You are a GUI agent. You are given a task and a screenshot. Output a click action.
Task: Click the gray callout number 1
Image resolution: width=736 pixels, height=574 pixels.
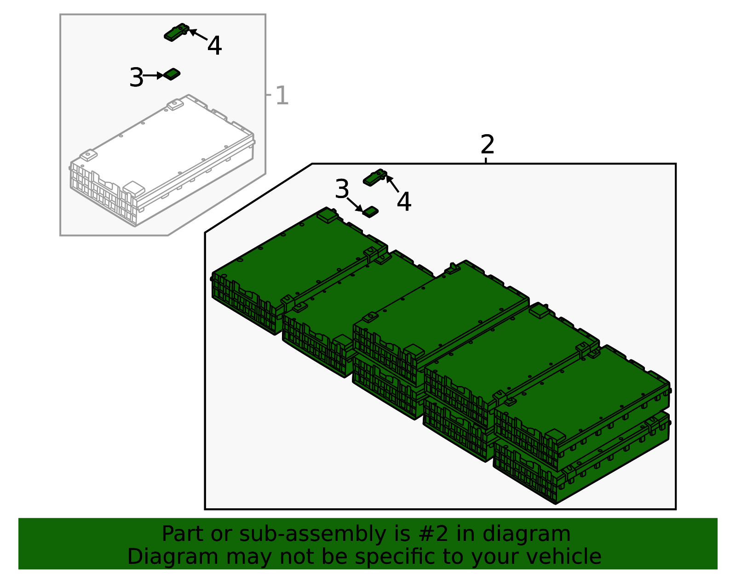[282, 95]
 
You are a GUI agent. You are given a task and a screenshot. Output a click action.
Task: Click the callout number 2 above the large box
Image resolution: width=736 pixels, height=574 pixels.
[488, 144]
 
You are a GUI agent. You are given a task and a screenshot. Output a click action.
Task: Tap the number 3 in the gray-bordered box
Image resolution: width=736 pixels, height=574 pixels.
[136, 77]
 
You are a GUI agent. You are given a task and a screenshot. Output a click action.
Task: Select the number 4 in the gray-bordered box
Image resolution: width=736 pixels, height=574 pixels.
[214, 45]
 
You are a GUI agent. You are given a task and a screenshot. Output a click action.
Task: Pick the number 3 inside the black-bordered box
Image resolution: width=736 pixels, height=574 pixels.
[342, 189]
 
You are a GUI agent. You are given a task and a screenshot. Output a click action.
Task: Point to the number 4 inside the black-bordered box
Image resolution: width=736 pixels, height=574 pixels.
[404, 201]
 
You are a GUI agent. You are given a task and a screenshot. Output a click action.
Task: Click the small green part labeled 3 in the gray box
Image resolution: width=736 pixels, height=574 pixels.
[172, 74]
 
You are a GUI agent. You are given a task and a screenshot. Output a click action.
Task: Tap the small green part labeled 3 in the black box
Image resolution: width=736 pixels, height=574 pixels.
[370, 212]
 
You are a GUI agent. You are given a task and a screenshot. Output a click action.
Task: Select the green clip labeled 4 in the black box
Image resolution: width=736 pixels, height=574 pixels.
[375, 177]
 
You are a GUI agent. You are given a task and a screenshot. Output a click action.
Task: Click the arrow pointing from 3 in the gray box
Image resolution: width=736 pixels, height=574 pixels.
[154, 75]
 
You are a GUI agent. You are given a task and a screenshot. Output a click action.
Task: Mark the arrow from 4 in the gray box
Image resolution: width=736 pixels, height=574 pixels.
[198, 35]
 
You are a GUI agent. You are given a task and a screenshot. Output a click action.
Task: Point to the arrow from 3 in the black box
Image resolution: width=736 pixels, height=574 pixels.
[355, 205]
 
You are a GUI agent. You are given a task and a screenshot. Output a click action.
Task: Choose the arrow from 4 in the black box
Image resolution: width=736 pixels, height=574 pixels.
[392, 184]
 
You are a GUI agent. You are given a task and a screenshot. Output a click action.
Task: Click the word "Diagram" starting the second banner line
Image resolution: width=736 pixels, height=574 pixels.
[172, 557]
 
